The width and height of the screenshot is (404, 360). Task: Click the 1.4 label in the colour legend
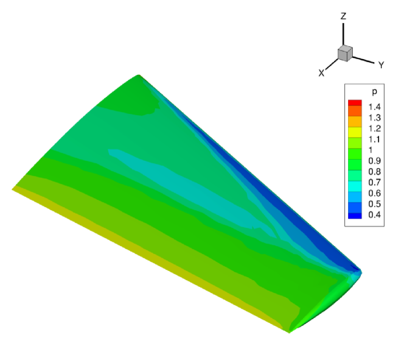coord(374,107)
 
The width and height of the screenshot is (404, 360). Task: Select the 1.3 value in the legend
coord(374,118)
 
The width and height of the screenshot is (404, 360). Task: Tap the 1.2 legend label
coord(374,129)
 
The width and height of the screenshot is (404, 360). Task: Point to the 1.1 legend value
coord(374,139)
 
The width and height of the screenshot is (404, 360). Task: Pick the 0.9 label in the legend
coord(374,161)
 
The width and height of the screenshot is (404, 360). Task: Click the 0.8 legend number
coord(374,172)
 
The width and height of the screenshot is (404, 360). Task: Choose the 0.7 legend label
coord(374,183)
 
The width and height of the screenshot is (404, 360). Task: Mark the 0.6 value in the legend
coord(374,193)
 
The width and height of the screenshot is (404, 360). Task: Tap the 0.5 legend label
coord(374,204)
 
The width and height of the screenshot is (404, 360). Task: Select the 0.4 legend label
coord(374,215)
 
